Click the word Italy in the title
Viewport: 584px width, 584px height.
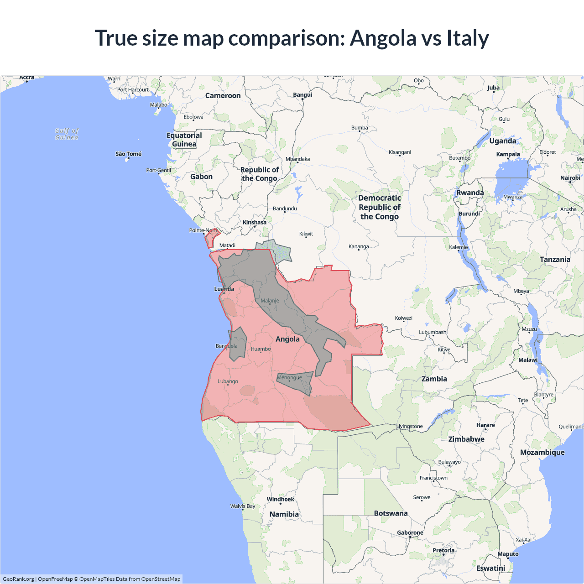pyautogui.click(x=468, y=38)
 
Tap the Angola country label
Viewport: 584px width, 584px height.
pyautogui.click(x=287, y=339)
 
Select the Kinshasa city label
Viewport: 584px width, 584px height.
pyautogui.click(x=254, y=223)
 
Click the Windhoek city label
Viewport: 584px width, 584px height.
pyautogui.click(x=280, y=499)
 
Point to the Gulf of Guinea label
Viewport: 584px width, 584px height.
pyautogui.click(x=67, y=134)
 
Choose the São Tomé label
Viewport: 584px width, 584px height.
pyautogui.click(x=128, y=154)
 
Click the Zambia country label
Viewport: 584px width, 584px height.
pyautogui.click(x=434, y=379)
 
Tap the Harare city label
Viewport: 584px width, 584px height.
pyautogui.click(x=485, y=425)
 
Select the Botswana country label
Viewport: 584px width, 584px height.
pyautogui.click(x=391, y=513)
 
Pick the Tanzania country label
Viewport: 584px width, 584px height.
pyautogui.click(x=555, y=259)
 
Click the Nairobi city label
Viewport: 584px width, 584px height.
pyautogui.click(x=570, y=178)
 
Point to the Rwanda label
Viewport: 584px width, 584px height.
pyautogui.click(x=470, y=193)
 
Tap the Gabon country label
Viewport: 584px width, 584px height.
pyautogui.click(x=201, y=177)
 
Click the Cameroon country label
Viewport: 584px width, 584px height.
pyautogui.click(x=223, y=95)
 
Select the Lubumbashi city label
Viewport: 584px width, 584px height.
pyautogui.click(x=433, y=332)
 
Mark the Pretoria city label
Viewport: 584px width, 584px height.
pyautogui.click(x=443, y=550)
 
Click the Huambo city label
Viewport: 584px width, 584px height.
pyautogui.click(x=261, y=349)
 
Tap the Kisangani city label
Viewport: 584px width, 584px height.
pyautogui.click(x=400, y=152)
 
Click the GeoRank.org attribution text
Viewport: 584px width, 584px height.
pyautogui.click(x=18, y=579)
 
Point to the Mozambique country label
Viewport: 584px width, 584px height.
pyautogui.click(x=542, y=452)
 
